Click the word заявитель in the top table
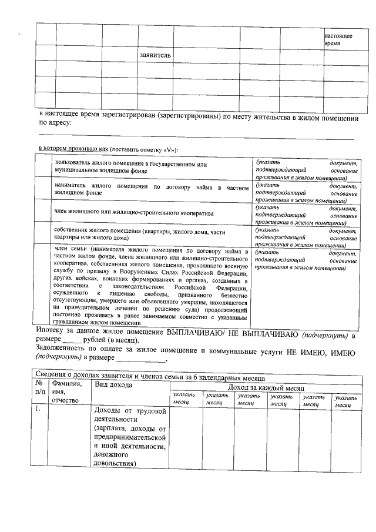coord(155,55)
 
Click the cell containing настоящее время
coord(338,39)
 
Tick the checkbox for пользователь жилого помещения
coord(43,167)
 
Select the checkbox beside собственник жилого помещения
coord(43,234)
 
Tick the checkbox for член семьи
coord(43,286)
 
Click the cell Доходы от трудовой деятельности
coord(130,437)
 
